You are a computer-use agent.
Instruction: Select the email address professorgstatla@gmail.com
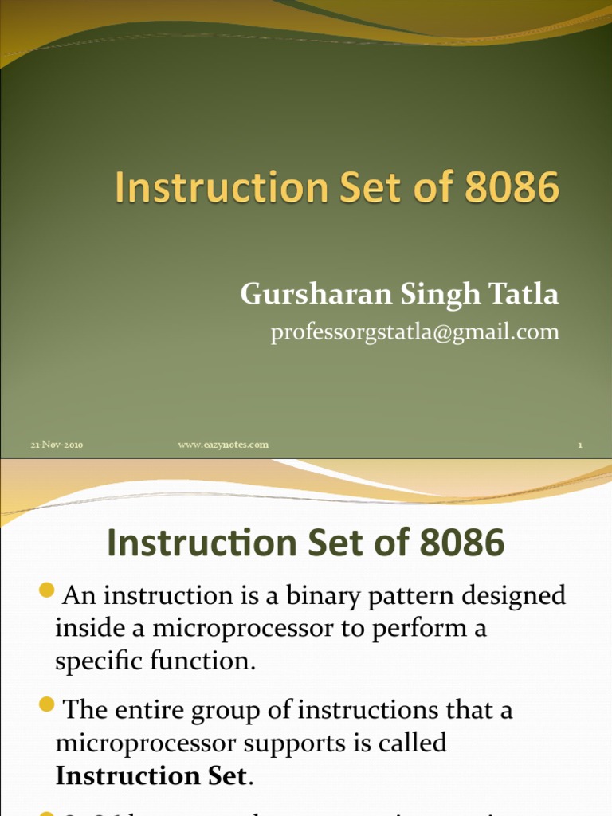(x=414, y=331)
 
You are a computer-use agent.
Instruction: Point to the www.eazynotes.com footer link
(x=223, y=445)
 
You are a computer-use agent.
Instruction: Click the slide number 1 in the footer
(x=580, y=445)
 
